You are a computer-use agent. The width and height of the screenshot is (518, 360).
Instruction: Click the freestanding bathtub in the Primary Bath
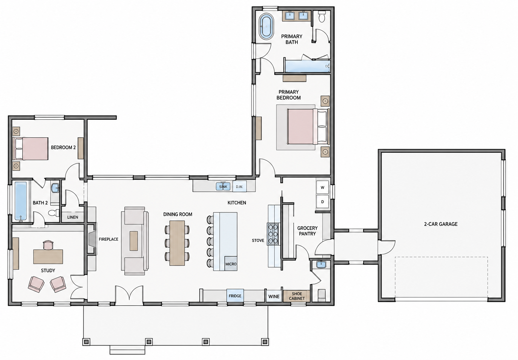click(266, 26)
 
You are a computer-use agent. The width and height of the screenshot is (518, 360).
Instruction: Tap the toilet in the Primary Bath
click(322, 17)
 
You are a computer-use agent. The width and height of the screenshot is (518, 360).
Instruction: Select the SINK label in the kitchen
click(223, 187)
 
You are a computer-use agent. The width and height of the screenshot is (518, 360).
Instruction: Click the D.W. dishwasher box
click(239, 186)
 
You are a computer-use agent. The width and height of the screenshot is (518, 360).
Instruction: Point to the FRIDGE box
click(235, 295)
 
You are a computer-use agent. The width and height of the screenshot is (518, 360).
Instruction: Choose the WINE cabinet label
click(274, 296)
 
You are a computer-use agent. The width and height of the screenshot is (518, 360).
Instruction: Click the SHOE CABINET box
click(297, 296)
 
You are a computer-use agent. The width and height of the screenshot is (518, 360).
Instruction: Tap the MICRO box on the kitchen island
click(231, 264)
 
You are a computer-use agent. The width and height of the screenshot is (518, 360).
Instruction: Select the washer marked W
click(323, 187)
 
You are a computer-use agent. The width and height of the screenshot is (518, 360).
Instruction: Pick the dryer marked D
click(323, 202)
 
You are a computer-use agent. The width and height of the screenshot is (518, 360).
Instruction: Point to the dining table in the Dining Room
click(177, 243)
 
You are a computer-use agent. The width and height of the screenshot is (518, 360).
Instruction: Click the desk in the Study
click(48, 256)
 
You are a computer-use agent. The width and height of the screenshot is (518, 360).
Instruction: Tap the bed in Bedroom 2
click(31, 148)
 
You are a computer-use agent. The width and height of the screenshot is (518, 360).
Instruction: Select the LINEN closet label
click(73, 217)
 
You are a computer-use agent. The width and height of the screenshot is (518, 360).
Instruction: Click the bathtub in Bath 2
click(21, 201)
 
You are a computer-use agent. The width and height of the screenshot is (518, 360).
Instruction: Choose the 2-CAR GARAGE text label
click(441, 224)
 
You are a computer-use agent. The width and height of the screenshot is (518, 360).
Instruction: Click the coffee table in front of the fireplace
click(134, 241)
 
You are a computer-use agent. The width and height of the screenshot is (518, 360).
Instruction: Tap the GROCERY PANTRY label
click(307, 231)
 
